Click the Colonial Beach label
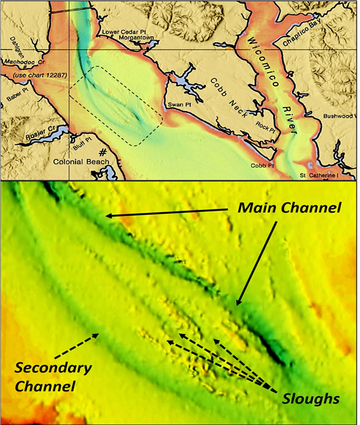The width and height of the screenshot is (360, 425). tap(85, 162)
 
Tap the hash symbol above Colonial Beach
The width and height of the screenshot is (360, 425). tap(104, 152)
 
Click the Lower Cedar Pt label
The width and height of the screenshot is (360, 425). tap(123, 31)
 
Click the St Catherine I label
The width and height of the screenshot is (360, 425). tap(328, 176)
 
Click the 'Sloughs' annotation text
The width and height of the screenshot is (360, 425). tap(310, 398)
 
